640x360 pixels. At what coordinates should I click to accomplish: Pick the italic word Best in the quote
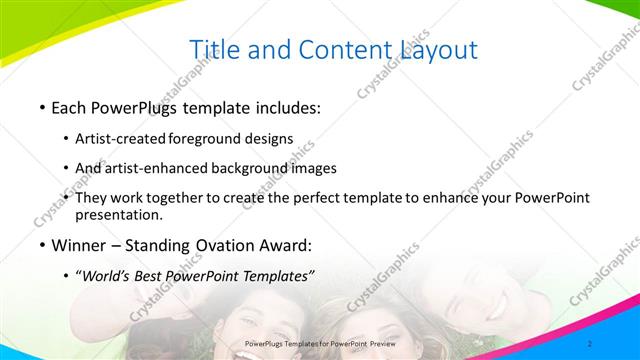[x=161, y=276]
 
